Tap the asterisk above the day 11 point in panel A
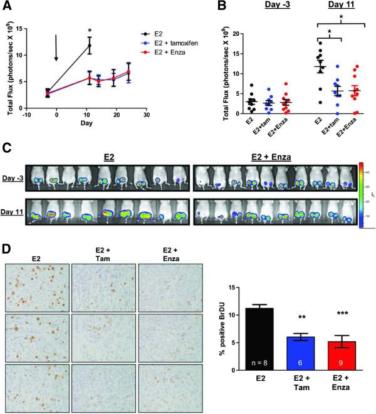(x=90, y=30)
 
